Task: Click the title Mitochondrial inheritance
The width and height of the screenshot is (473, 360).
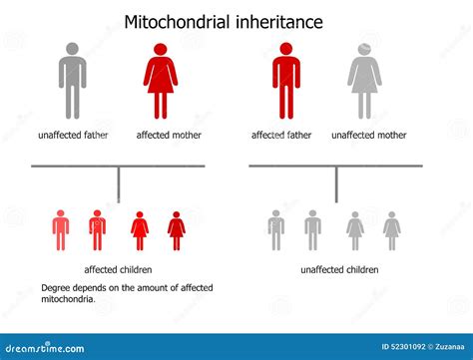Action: point(224,21)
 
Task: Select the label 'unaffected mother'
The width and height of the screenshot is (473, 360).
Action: point(368,135)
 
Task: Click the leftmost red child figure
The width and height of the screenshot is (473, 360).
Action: point(61,229)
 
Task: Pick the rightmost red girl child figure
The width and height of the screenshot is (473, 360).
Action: point(177,229)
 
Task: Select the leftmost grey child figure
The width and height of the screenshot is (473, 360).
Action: point(276,229)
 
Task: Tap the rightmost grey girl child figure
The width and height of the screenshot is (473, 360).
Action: point(391,229)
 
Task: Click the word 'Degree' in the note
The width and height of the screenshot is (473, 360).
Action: point(57,287)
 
